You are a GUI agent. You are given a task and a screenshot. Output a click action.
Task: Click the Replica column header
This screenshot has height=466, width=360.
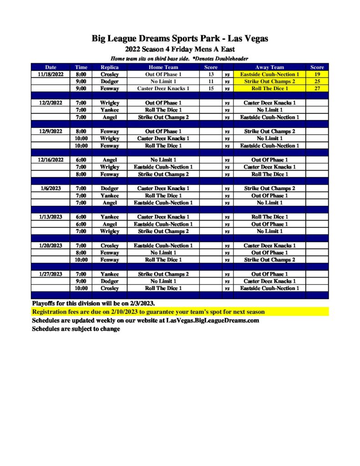coord(109,67)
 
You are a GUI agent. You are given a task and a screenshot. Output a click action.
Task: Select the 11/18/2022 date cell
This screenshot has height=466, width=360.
coord(51,74)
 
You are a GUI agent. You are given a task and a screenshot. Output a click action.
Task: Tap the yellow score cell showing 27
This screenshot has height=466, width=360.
coord(317,88)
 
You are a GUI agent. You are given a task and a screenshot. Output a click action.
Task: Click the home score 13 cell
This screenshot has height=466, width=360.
coord(211,74)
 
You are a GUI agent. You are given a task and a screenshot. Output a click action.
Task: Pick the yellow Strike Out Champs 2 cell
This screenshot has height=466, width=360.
coord(269,81)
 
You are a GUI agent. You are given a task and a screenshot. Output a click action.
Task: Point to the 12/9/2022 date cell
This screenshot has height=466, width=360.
coord(51,132)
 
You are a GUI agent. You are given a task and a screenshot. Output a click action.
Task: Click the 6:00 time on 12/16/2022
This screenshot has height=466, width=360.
coord(81,160)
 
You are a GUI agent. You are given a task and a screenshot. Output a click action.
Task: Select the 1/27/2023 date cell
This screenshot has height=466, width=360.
coord(51,274)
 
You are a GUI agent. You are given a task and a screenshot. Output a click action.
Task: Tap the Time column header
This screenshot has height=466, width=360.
coord(81,67)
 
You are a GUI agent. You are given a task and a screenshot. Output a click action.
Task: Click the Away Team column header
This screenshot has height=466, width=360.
coord(269,67)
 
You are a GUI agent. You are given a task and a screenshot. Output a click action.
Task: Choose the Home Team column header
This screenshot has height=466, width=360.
coord(163,67)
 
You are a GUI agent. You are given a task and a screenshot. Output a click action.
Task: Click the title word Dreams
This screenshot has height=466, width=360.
coord(157,39)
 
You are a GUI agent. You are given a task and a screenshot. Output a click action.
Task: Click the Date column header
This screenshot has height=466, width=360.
coord(51,67)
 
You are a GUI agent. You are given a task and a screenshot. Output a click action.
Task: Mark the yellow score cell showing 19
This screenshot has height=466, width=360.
coord(317,74)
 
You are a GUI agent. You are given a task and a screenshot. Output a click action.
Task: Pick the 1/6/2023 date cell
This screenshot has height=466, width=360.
coord(51,188)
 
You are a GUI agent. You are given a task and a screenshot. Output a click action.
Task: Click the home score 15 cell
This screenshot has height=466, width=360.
coord(211,88)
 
